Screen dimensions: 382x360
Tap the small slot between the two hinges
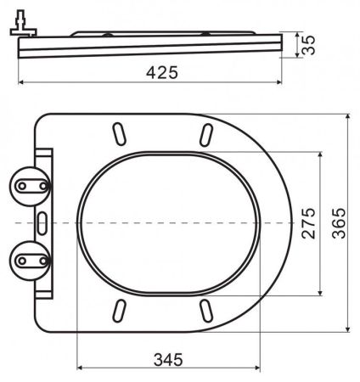42,222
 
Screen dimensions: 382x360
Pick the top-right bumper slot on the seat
206,134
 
